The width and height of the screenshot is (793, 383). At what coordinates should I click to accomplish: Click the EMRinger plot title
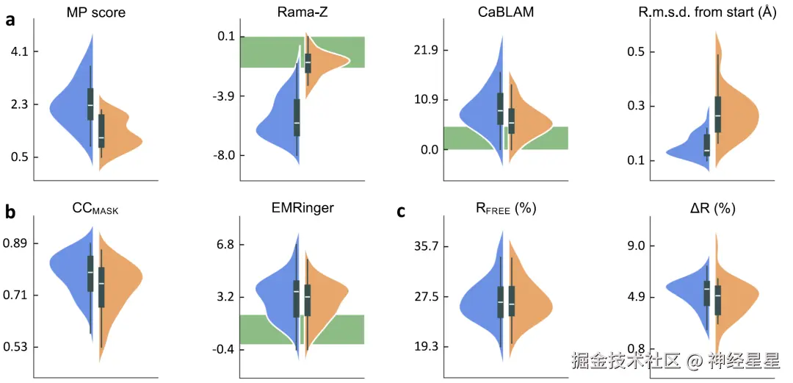302,208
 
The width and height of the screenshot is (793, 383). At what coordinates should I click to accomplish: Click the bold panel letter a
10,20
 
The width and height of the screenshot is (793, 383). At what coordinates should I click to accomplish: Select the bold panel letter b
10,212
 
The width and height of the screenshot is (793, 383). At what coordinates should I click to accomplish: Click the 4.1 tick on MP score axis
18,51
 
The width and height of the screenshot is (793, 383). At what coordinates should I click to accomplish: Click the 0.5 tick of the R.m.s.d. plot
637,52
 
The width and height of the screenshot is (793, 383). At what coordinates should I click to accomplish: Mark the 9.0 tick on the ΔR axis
637,246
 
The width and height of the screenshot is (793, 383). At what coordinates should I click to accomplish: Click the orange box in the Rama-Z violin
308,62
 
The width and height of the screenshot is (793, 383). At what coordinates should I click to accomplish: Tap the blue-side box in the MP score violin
90,104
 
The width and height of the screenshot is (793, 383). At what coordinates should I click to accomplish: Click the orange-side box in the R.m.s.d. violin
717,113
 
